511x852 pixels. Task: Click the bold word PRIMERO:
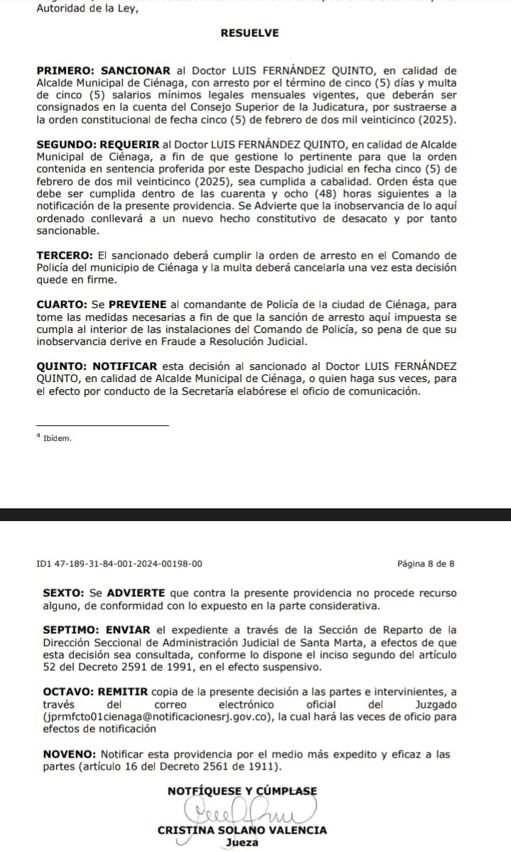click(66, 70)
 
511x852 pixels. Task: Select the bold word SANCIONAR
click(136, 70)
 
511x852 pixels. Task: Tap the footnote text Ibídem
click(57, 438)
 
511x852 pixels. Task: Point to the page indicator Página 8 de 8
click(426, 564)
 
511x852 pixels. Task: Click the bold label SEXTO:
click(63, 592)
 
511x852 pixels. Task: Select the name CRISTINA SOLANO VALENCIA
click(242, 830)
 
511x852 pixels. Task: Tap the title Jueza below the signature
click(242, 843)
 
